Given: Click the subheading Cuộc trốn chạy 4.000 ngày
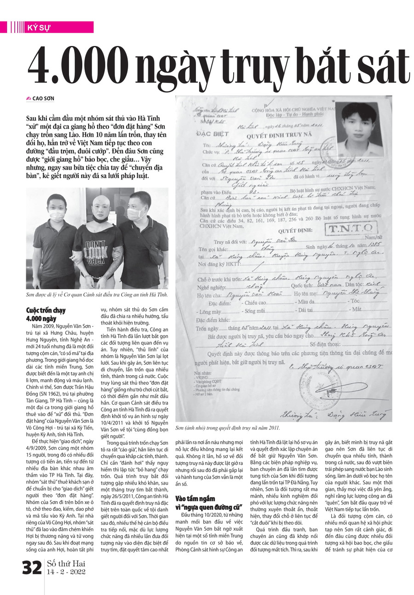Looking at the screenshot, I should [x=41, y=314].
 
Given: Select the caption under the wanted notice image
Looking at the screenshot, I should [x=228, y=428].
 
